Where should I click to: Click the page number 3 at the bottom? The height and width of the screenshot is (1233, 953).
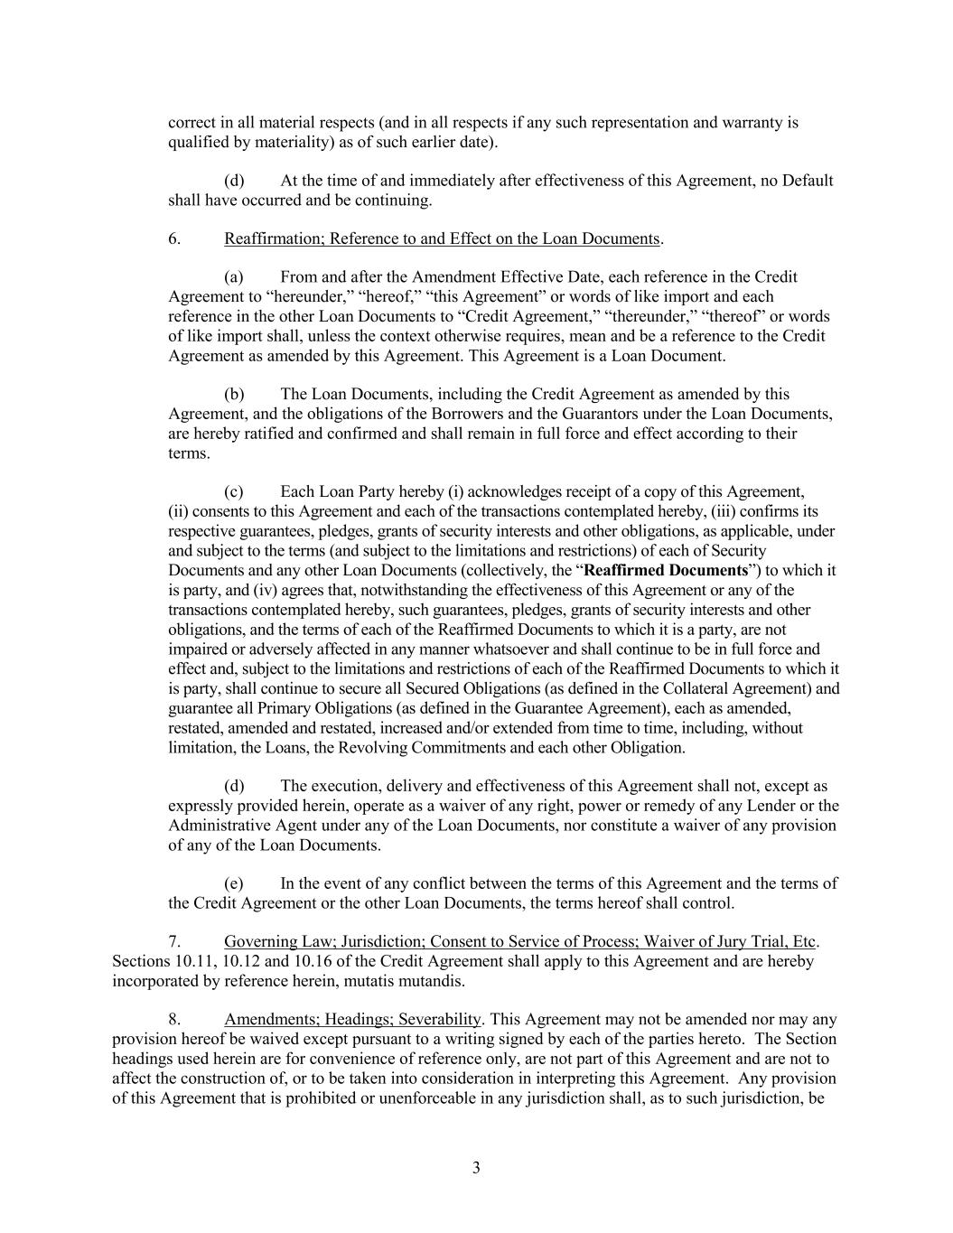tap(476, 1168)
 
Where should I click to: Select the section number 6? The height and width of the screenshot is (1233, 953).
tap(174, 238)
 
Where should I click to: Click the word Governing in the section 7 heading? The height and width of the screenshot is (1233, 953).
tap(262, 941)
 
